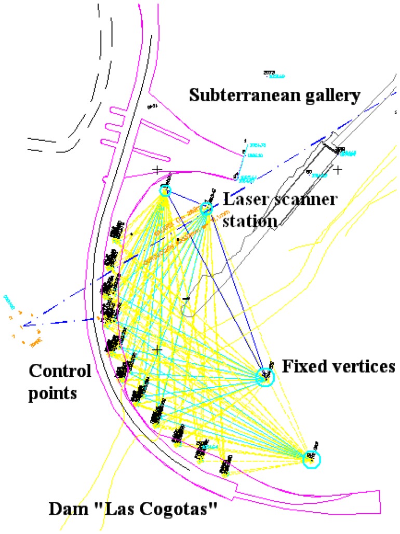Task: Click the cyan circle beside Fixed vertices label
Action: click(265, 376)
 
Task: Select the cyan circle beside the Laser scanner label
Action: click(207, 209)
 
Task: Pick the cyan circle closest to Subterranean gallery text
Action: click(165, 189)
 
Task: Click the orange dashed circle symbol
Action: click(22, 326)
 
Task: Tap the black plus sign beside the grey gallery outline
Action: click(338, 170)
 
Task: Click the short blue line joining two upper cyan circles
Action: click(185, 199)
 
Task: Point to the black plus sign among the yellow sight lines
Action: click(157, 351)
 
